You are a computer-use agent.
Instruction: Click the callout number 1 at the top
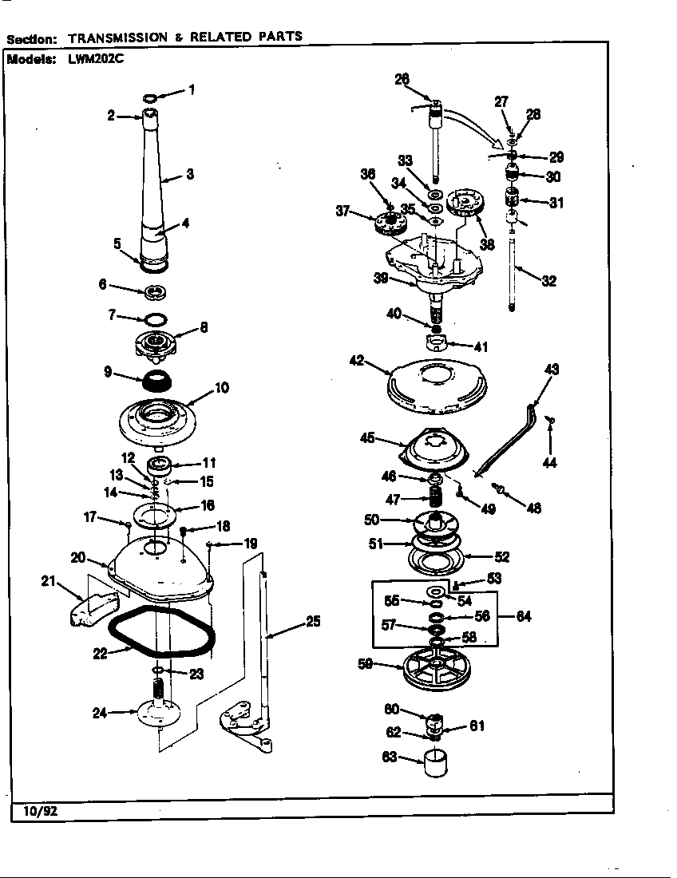point(191,89)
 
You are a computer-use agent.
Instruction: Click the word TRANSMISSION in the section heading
point(118,37)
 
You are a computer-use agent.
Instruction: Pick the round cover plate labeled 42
point(437,388)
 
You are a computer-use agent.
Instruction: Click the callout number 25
point(314,621)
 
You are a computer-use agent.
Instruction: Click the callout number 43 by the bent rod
point(551,369)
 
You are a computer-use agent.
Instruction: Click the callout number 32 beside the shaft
point(548,280)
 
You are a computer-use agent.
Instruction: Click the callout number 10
point(222,388)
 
